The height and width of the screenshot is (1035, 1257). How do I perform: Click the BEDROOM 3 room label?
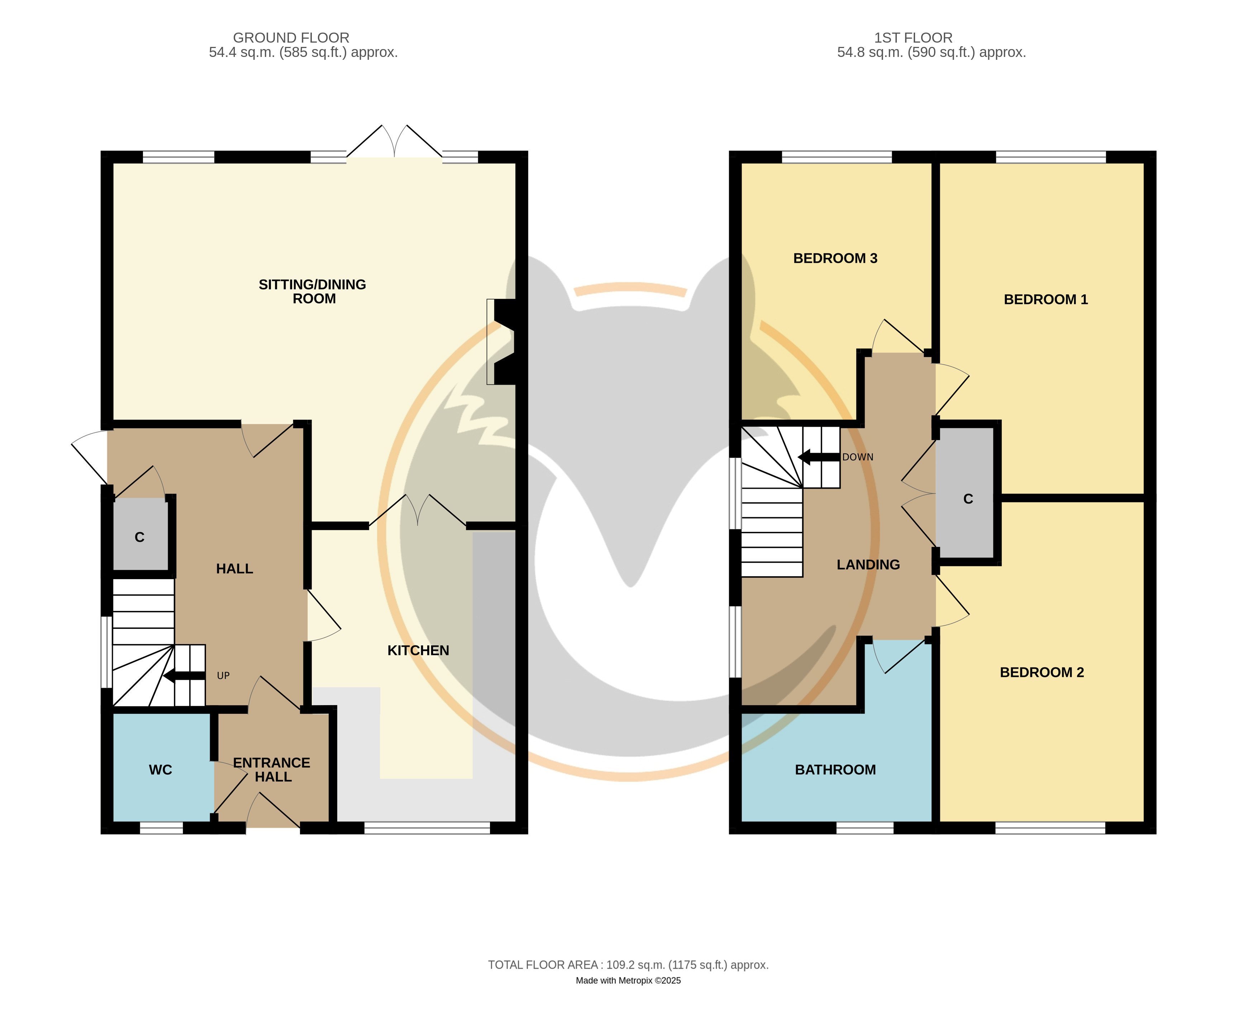click(x=835, y=258)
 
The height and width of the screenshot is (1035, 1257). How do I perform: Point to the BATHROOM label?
click(x=835, y=770)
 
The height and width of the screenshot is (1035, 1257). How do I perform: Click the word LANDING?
click(x=868, y=565)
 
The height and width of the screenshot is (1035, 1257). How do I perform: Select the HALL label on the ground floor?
click(x=234, y=569)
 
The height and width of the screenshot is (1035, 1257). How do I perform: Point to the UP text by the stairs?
click(x=223, y=675)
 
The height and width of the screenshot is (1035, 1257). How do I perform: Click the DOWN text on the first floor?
click(x=857, y=457)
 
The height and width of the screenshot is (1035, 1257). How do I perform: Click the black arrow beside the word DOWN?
click(x=819, y=457)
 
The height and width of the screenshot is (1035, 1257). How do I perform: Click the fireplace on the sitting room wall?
click(x=501, y=342)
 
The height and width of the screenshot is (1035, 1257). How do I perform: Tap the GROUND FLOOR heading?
click(x=291, y=38)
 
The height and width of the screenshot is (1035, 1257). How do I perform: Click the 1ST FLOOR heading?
click(x=913, y=38)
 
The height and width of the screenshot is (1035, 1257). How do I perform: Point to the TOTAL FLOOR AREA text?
click(x=628, y=965)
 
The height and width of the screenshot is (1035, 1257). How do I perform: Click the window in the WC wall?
click(x=161, y=828)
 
